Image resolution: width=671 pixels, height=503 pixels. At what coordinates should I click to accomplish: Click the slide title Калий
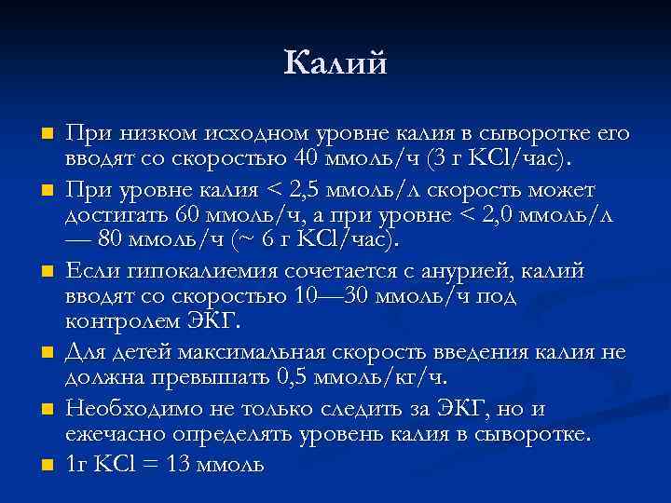coord(335,63)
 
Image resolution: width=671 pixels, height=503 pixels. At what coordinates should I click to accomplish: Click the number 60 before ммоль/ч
coord(189,215)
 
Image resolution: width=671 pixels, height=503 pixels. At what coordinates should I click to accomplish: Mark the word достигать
coord(112,215)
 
